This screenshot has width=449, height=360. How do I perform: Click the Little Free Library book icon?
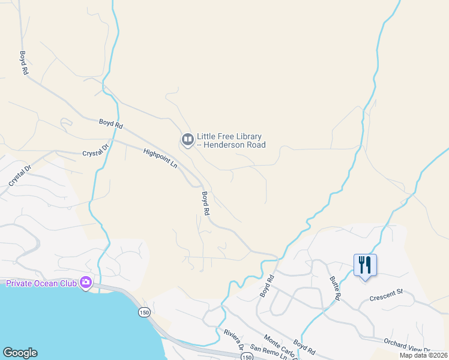(187, 140)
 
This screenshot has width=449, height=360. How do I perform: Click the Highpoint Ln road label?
(161, 158)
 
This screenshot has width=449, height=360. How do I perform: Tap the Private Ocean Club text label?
(41, 283)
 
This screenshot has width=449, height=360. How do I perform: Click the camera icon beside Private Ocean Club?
(86, 282)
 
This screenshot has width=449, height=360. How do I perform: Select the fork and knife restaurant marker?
(365, 265)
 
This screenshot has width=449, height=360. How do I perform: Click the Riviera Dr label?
(233, 339)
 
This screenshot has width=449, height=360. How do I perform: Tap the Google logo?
(20, 353)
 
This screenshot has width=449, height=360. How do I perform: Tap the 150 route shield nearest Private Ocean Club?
(143, 312)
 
